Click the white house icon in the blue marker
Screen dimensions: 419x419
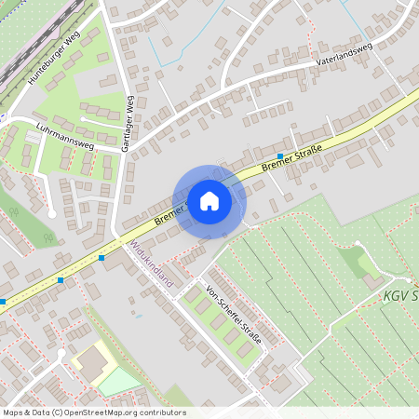coord(209,200)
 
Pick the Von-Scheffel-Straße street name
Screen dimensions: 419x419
coord(234,316)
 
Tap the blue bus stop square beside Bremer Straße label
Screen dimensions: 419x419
coord(279,155)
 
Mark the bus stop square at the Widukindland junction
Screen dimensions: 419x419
coord(101,257)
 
